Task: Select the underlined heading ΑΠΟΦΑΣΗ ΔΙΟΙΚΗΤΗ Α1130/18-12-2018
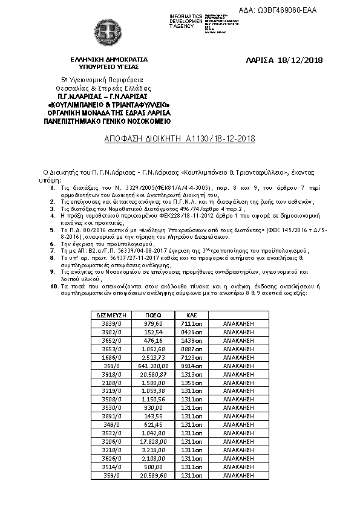[x=180, y=138]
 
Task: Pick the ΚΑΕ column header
[x=185, y=315]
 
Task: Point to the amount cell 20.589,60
[x=154, y=475]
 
